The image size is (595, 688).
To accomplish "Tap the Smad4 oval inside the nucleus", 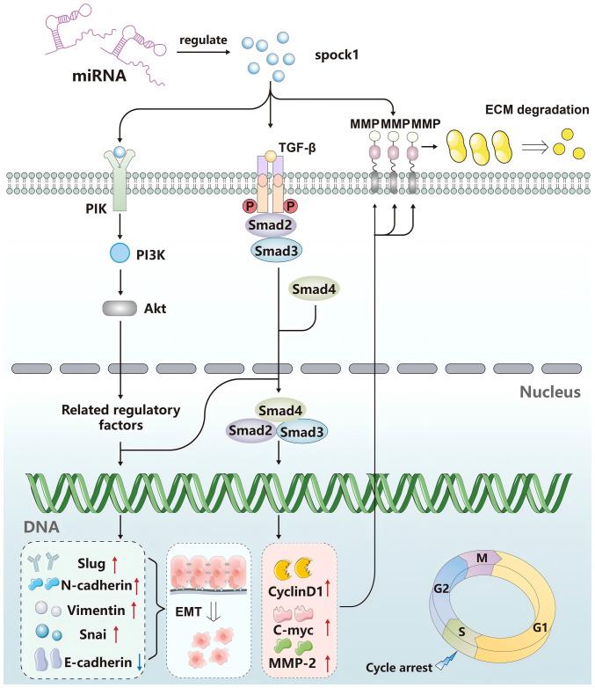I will (279, 408).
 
